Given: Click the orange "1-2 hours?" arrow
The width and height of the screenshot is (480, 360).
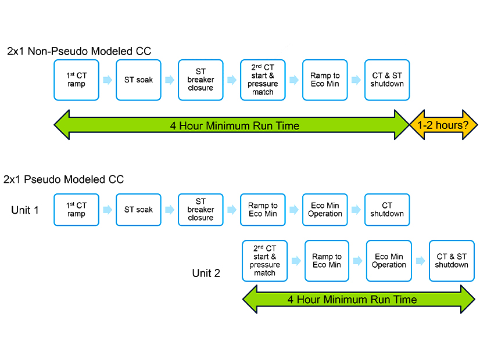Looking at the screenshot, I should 444,125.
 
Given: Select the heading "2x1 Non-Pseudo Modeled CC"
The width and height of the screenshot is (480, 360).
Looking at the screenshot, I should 79,51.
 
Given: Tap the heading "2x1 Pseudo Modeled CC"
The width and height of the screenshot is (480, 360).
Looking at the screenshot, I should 64,179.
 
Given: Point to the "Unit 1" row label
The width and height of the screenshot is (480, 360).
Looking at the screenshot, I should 25,210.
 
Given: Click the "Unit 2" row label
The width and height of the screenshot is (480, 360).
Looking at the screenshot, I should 206,273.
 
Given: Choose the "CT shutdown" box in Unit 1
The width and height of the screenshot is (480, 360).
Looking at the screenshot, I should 387,210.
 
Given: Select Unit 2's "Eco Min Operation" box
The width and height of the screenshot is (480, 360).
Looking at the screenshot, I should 389,261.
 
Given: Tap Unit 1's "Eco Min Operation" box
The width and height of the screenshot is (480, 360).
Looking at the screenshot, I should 325,210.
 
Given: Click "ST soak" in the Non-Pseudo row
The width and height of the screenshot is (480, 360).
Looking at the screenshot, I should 138,80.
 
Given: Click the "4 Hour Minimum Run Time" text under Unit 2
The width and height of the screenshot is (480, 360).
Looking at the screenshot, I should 352,300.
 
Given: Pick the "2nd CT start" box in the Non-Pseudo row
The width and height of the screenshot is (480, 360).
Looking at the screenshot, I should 263,80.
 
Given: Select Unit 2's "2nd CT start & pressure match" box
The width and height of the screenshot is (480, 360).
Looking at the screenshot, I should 264,261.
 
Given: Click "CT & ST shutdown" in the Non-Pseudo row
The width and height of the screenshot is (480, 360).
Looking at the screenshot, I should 387,80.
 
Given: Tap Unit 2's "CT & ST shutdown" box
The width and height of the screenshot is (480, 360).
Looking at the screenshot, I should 452,261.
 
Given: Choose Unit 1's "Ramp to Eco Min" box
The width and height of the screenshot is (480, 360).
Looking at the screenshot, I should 263,210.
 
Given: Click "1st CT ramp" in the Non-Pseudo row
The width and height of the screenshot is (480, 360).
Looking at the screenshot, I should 76,80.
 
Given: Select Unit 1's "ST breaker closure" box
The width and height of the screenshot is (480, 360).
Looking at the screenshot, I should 200,210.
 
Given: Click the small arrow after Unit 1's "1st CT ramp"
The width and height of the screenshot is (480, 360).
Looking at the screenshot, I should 108,210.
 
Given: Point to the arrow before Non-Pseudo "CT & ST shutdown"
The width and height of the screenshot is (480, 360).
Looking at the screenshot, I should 356,80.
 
